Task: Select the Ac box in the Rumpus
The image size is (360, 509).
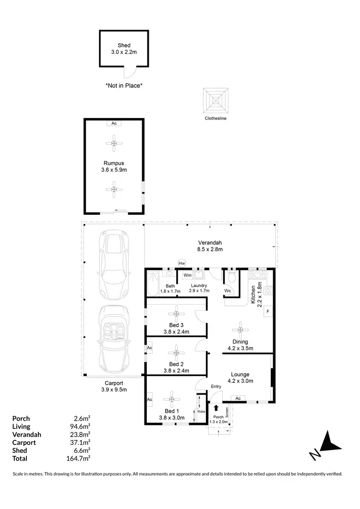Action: click(114, 123)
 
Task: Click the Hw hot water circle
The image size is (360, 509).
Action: click(181, 263)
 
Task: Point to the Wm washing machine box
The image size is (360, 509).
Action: click(187, 275)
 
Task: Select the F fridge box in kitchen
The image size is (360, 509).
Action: click(268, 311)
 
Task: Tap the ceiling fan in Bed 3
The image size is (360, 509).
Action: click(176, 314)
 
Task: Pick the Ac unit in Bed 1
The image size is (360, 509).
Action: click(150, 399)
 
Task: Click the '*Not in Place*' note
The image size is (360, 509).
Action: click(124, 85)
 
